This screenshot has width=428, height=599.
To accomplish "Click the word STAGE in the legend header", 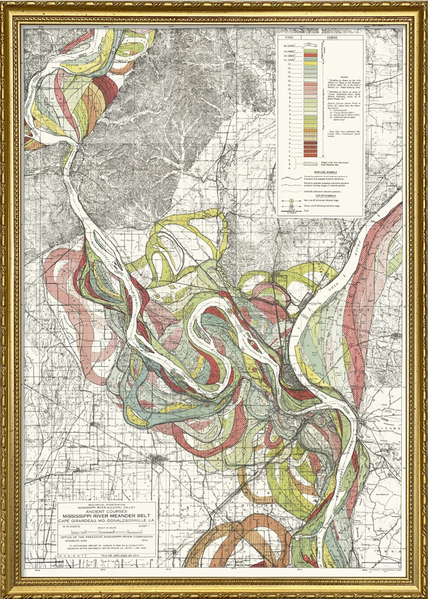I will click(289, 37).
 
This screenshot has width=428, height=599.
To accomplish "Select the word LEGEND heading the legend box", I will click(332, 37).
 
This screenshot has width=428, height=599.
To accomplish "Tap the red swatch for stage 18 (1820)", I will click(310, 55).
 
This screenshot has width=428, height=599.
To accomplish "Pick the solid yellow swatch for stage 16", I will click(310, 63).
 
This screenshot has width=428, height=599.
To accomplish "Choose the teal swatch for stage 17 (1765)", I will click(310, 59).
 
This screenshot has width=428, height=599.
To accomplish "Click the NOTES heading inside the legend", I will click(344, 77).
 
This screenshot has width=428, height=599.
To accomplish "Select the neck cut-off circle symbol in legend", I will click(292, 201).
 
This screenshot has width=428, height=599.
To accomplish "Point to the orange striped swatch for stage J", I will click(310, 130).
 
